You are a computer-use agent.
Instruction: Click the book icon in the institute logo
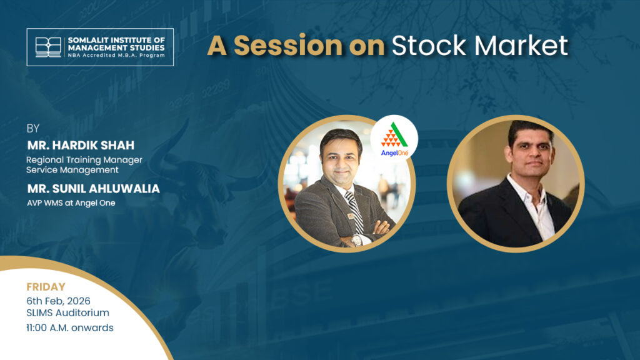[x=48, y=47]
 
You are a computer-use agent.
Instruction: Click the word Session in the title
[x=287, y=45]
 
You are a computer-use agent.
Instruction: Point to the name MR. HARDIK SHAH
[x=81, y=145]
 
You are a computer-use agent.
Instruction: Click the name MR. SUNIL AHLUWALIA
[x=94, y=189]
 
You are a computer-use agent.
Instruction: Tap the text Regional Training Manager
[x=84, y=160]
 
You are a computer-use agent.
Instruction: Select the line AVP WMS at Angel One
[x=71, y=203]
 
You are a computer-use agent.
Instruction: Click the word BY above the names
[x=33, y=129]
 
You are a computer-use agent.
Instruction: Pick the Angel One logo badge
[x=394, y=139]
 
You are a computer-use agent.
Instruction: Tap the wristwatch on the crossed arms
[x=356, y=241]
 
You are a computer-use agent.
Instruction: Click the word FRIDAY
[x=46, y=287]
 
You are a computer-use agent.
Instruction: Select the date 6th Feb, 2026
[x=58, y=301]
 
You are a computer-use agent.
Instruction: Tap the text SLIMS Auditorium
[x=67, y=313]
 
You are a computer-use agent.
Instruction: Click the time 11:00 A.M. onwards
[x=70, y=327]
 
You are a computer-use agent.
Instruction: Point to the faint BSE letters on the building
[x=302, y=293]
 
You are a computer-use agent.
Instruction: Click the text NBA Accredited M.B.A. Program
[x=116, y=55]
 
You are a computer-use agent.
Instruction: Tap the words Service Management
[x=72, y=170]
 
